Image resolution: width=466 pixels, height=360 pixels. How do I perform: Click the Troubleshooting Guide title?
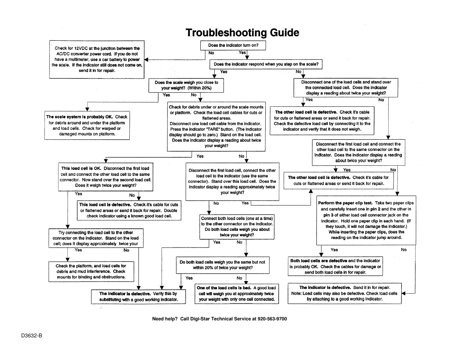click(242, 33)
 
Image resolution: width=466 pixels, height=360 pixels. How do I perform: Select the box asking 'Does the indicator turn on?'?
click(233, 45)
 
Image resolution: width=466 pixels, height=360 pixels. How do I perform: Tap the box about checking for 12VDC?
click(97, 59)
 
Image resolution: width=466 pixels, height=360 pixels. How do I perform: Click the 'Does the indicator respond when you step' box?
click(266, 64)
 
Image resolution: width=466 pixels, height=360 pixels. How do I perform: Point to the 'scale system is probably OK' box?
click(87, 125)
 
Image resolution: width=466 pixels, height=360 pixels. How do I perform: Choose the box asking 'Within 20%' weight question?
click(186, 85)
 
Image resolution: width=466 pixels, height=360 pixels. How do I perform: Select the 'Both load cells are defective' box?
click(335, 266)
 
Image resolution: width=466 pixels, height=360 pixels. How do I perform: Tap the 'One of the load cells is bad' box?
click(237, 294)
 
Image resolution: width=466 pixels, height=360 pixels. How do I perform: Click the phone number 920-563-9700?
click(272, 319)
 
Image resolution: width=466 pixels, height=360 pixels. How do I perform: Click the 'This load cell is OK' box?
click(105, 177)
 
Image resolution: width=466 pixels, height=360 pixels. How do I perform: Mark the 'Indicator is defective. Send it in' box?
click(345, 293)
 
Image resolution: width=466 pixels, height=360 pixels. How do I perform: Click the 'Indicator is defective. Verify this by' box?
click(138, 297)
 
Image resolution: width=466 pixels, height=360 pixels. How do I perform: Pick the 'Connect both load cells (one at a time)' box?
click(237, 226)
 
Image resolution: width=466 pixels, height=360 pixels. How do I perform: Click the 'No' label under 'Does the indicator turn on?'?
click(211, 53)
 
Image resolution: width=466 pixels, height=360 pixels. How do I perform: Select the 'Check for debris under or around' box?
click(216, 126)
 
